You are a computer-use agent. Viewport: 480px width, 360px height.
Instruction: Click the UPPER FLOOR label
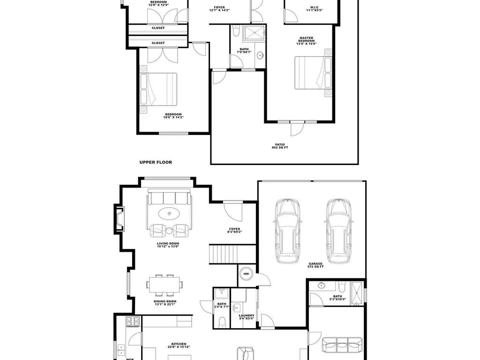tap(156, 162)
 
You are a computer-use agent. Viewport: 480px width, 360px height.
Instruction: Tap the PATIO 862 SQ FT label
tap(280, 146)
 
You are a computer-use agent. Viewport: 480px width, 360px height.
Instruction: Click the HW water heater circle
tap(246, 273)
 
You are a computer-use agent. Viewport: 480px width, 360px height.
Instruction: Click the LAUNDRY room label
tap(247, 317)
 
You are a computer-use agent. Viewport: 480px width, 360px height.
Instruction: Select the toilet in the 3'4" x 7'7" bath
tap(222, 321)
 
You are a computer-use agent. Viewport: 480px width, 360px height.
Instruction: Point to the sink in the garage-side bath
tap(322, 285)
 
